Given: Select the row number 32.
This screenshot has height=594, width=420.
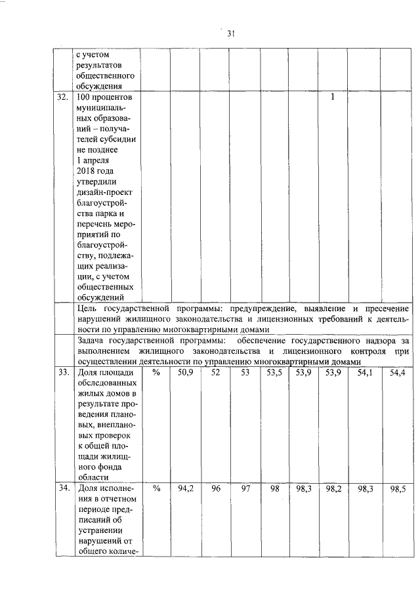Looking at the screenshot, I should [x=62, y=97].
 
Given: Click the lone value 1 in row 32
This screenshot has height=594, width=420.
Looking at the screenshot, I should [x=333, y=97].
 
